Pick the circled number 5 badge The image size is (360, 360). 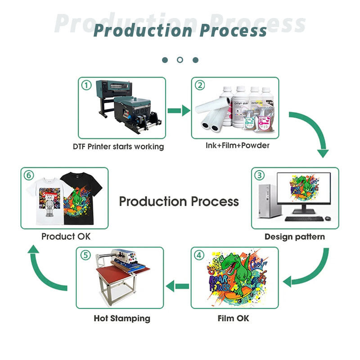tap(85, 255)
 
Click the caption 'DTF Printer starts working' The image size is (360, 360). tap(118, 147)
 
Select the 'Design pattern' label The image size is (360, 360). tap(294, 236)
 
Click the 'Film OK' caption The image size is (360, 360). tap(234, 318)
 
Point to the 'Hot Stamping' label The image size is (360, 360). tap(122, 318)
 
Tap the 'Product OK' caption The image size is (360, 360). tap(66, 236)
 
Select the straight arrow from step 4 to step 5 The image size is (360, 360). tap(178, 285)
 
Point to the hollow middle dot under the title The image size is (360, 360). tap(180, 60)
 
